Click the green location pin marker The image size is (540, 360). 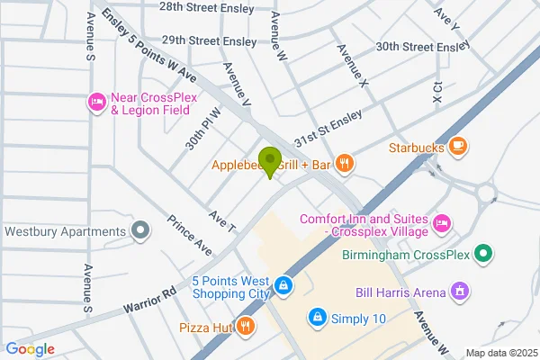click(268, 161)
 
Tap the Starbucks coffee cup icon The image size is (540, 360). click(458, 146)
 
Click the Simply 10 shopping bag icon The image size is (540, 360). click(316, 318)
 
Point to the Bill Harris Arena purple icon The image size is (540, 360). click(460, 292)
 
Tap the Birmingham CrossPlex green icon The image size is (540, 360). click(484, 255)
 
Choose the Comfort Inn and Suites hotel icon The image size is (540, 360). click(441, 221)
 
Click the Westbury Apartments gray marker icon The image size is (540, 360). click(139, 231)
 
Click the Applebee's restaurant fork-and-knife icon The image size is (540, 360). click(344, 164)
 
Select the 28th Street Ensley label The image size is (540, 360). click(205, 6)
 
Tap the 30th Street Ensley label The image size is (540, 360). click(423, 46)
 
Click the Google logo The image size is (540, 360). click(30, 349)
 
